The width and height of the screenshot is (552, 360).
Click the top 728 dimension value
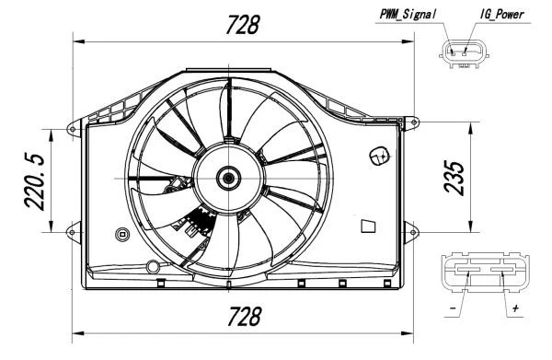click(242, 26)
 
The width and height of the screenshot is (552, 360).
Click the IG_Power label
click(501, 13)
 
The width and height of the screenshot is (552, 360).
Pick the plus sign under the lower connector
click(515, 308)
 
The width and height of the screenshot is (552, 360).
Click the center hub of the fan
click(226, 177)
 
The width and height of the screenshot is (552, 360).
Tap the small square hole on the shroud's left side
click(121, 234)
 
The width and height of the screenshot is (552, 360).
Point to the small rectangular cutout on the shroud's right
click(368, 225)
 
